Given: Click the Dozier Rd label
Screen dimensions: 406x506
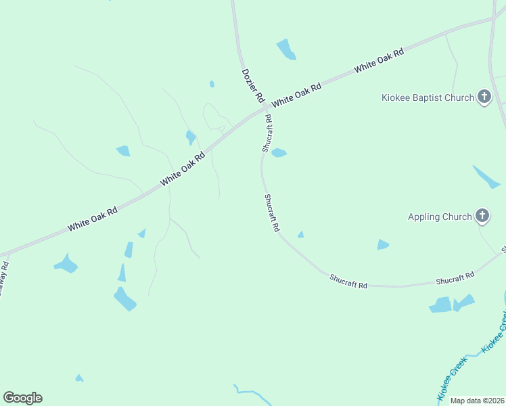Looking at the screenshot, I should click(x=253, y=85).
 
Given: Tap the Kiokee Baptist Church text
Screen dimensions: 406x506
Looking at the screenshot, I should click(x=427, y=97).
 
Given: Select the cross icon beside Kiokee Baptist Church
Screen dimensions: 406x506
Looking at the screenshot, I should click(x=484, y=97).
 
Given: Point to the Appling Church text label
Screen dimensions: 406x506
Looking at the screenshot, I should click(x=440, y=217).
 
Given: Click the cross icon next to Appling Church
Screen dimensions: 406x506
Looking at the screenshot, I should click(x=482, y=217).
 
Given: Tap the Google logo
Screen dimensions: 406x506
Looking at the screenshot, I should click(x=22, y=398).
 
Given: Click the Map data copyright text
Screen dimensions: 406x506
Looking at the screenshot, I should click(x=478, y=401).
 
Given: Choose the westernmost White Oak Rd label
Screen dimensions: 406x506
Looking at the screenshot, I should click(x=93, y=219).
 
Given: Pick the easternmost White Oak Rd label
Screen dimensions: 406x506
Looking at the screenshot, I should click(x=379, y=60).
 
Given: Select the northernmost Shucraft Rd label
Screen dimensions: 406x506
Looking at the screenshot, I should click(x=267, y=133).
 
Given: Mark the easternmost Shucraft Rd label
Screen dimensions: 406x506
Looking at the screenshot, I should click(x=455, y=279).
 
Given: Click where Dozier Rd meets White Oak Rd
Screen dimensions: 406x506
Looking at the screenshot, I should click(x=264, y=109).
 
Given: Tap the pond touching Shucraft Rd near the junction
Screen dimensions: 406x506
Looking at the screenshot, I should click(x=279, y=153).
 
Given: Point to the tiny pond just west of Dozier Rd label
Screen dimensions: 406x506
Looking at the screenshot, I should click(x=212, y=84).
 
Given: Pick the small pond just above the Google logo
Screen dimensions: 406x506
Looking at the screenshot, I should click(x=79, y=378).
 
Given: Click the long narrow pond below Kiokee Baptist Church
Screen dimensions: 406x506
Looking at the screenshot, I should click(x=487, y=177).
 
